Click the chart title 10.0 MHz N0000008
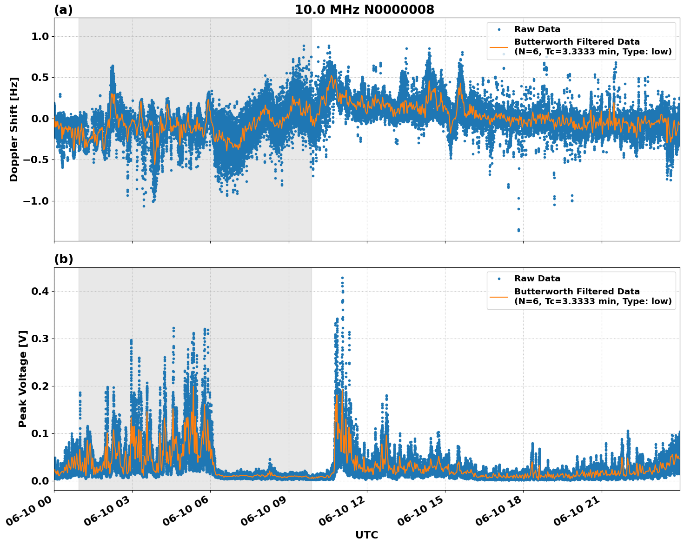tap(364, 10)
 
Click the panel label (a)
tap(63, 10)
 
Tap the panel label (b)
tap(63, 259)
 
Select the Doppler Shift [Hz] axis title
tap(14, 129)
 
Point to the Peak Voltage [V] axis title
tap(23, 379)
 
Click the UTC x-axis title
tap(366, 535)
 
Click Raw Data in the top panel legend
tap(537, 29)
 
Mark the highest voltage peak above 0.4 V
tap(342, 278)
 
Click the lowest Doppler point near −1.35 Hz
tap(518, 230)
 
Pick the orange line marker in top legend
tap(499, 47)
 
